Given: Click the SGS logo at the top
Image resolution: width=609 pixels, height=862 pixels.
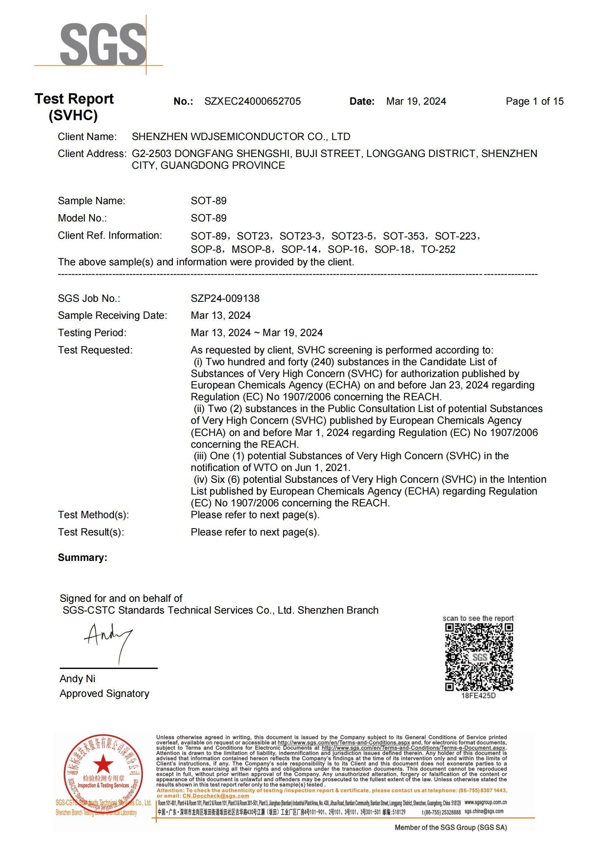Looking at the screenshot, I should point(103,44).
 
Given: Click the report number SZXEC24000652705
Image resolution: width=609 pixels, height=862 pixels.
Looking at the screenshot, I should point(252,101).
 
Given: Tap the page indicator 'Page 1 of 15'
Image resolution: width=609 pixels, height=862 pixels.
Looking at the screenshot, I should point(534,101).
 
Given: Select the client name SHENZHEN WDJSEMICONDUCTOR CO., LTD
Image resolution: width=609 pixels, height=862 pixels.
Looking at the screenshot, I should point(241,137).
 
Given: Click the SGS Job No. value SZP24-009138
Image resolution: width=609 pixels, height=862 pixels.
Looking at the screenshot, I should point(225,299).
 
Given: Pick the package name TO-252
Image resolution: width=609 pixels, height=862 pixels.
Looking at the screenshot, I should point(438,249).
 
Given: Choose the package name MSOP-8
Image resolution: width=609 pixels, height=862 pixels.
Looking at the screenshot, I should point(251,249).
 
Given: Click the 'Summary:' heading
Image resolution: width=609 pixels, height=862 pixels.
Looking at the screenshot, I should point(82,558).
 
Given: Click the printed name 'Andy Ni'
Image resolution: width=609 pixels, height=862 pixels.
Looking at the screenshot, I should point(77,679).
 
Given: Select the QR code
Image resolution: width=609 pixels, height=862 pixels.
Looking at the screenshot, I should point(479,657).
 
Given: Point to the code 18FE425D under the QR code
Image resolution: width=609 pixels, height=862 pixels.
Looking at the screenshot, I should point(478,696).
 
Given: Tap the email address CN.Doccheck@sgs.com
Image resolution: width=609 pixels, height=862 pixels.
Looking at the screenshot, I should point(216,796).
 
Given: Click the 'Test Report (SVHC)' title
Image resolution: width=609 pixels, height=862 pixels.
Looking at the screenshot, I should point(74,107).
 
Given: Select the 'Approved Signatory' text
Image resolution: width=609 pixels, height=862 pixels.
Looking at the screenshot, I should point(104,694).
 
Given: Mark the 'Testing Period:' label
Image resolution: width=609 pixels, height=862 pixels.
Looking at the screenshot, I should point(92,333).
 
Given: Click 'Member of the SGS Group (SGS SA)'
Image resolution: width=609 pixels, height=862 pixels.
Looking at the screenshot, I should point(451,827).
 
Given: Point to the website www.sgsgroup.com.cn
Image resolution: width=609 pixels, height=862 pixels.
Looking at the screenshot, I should point(486,803).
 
